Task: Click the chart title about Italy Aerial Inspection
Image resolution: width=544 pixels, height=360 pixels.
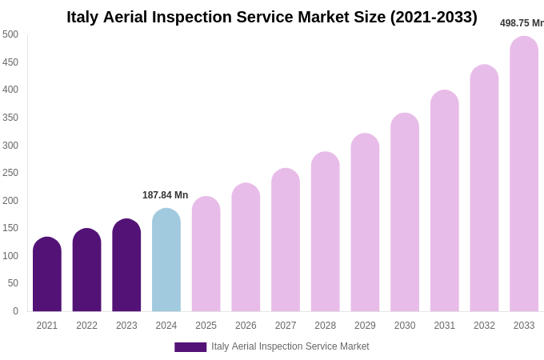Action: click(x=271, y=17)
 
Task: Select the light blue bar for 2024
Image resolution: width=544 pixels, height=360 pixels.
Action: click(x=166, y=260)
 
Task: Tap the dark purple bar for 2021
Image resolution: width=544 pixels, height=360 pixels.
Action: click(x=47, y=274)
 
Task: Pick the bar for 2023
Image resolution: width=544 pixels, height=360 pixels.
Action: click(x=126, y=266)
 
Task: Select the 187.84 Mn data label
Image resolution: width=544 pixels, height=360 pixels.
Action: click(x=165, y=195)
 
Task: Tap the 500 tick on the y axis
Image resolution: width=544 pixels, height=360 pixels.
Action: click(x=10, y=34)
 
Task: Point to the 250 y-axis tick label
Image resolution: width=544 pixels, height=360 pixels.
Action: click(x=10, y=173)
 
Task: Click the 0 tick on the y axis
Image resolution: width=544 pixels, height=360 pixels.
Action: click(x=15, y=311)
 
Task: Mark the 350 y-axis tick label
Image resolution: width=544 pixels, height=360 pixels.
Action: click(x=10, y=118)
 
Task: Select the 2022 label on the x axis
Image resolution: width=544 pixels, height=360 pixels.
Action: click(x=86, y=326)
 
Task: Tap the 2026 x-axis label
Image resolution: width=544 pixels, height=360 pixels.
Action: click(x=246, y=326)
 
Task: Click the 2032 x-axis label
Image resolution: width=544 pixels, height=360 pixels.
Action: click(x=484, y=326)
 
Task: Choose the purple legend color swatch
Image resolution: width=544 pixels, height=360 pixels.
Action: click(x=190, y=347)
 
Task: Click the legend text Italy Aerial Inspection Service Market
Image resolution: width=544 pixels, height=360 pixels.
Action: click(x=290, y=346)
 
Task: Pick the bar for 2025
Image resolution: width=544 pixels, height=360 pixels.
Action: click(x=206, y=254)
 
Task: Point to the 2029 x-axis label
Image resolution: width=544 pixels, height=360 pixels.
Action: click(x=365, y=326)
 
